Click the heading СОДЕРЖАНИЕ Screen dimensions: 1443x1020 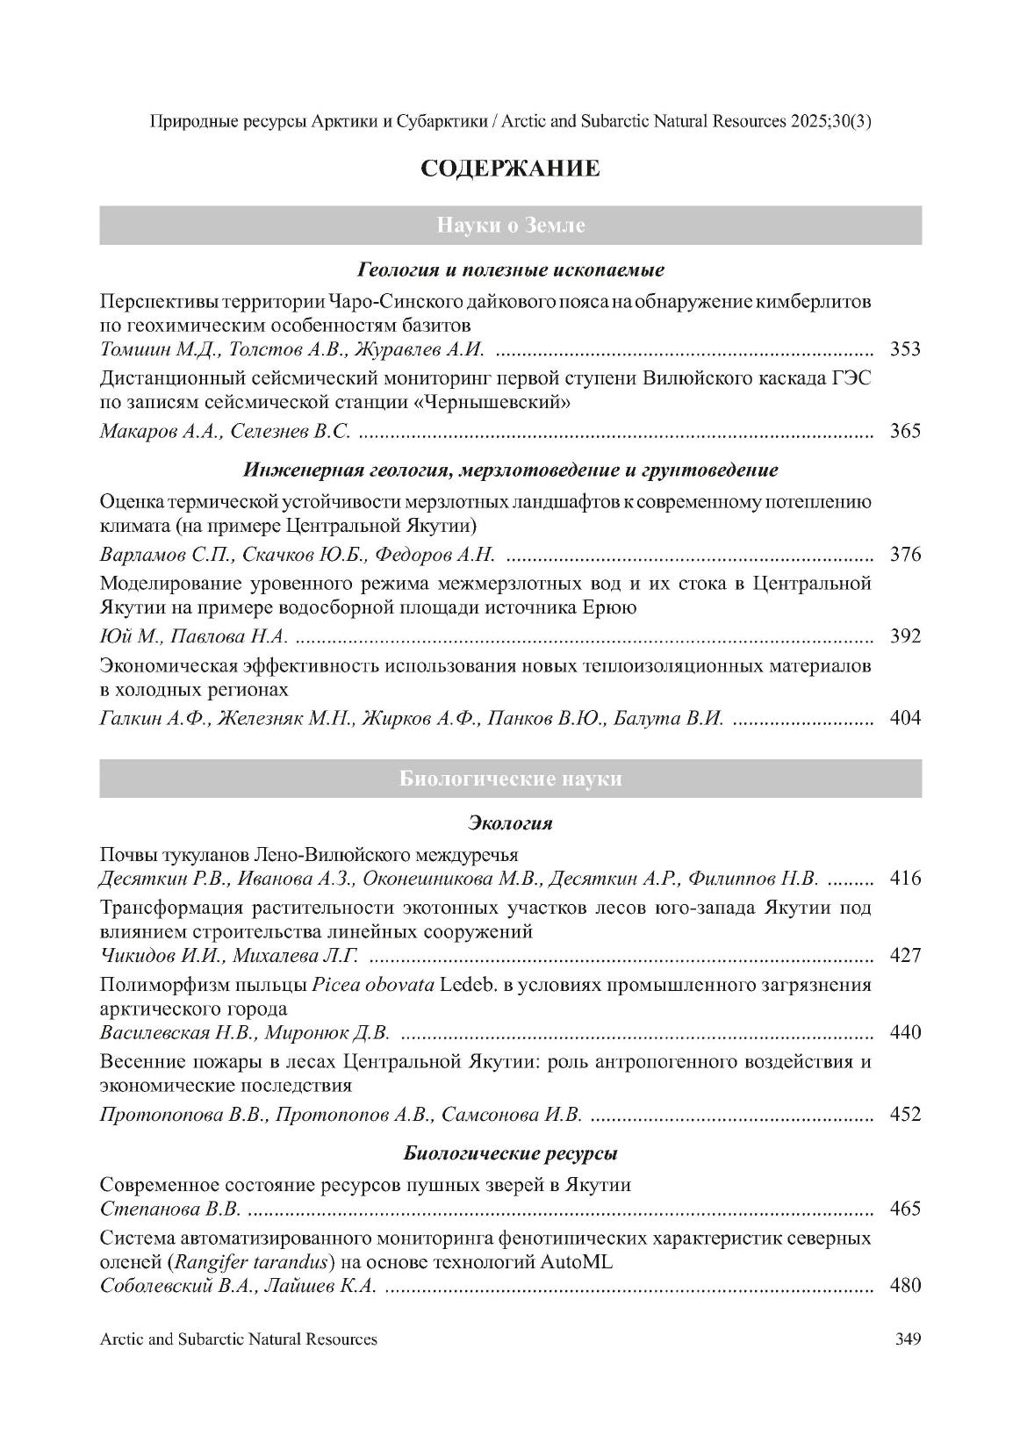click(510, 169)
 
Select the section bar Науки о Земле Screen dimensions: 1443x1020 click(510, 226)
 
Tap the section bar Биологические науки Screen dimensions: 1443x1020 click(510, 779)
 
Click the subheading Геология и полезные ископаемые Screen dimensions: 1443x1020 click(510, 269)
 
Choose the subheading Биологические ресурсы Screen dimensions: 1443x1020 click(510, 1152)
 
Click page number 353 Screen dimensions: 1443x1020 click(905, 349)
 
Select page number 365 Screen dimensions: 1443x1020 click(905, 431)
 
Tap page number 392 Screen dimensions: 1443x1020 click(905, 636)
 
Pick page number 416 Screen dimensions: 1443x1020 click(905, 878)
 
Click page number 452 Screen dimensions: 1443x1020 click(905, 1115)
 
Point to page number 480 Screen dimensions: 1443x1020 click(905, 1286)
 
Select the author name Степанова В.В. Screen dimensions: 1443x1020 click(170, 1210)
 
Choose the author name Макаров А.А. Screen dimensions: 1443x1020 click(162, 431)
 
